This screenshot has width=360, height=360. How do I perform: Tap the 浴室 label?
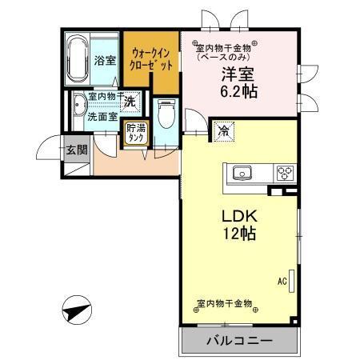pos(106,60)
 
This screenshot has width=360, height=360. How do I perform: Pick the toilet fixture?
pos(166,117)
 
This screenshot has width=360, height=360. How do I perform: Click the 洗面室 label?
pos(103,116)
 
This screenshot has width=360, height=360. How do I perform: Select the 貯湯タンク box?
pos(136,132)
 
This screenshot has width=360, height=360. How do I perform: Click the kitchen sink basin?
pos(242,172)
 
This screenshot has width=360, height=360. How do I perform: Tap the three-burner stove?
pos(285,171)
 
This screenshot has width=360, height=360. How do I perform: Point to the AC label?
pos(282,281)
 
